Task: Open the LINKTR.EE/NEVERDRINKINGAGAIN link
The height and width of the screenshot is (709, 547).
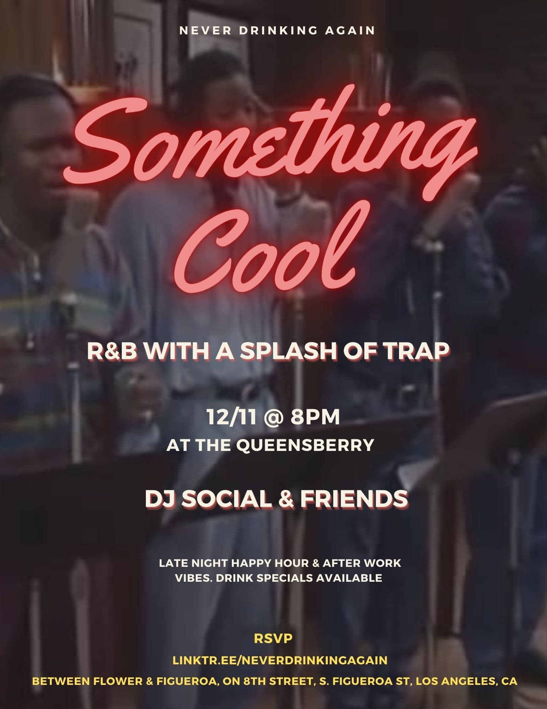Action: [280, 660]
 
